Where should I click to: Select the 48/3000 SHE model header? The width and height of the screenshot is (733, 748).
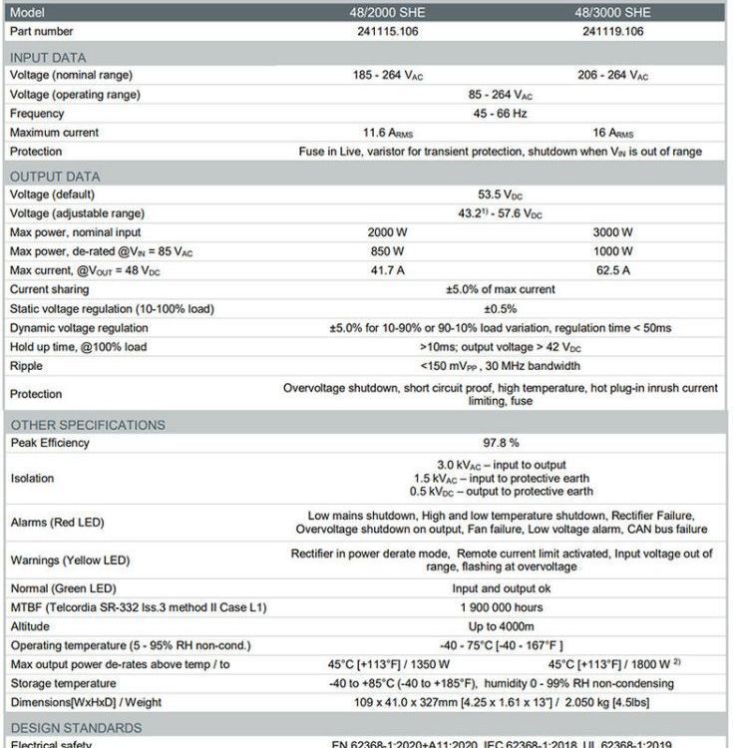pos(612,12)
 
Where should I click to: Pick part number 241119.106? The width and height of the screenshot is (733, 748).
pos(612,31)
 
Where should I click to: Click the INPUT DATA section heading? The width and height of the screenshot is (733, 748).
pos(48,57)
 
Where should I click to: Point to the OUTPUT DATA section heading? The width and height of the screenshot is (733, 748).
pos(55,177)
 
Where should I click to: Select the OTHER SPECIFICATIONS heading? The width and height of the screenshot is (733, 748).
pos(88,425)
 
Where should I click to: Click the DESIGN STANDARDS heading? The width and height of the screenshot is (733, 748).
pos(76,728)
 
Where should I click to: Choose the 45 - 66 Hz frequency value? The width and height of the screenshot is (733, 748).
pos(500,114)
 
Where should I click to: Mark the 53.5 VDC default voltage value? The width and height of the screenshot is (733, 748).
pos(500,194)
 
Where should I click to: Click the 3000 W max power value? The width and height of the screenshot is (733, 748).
pos(612,232)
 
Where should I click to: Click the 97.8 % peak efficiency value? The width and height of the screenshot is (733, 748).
pos(500,443)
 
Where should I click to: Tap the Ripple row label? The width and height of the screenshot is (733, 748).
pos(27,366)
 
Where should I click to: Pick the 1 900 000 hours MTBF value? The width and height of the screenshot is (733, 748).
pos(500,607)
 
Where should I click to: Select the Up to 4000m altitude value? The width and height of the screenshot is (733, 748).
pos(500,626)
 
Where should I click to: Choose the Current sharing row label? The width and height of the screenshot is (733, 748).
pos(50,289)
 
